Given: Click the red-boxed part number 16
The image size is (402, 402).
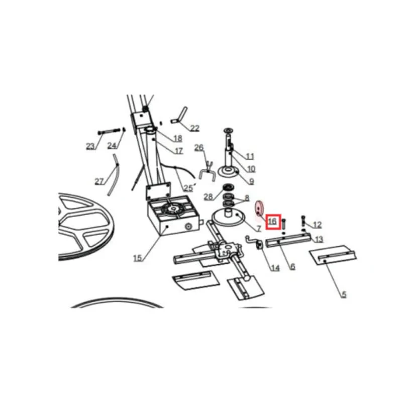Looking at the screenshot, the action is (273, 221).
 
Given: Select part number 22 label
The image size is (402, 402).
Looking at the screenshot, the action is (194, 128).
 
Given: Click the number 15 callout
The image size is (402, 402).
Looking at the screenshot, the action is (138, 258).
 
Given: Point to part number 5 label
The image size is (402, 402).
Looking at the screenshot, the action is (344, 294).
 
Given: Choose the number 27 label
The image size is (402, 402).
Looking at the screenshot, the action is (99, 181).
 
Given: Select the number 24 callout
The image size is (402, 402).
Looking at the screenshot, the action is (112, 146).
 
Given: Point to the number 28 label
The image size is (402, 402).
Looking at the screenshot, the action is (209, 196).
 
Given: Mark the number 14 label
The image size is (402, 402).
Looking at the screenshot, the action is (275, 268).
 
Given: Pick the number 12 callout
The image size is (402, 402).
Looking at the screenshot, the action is (317, 225).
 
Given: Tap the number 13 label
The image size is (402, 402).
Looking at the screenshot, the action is (319, 240).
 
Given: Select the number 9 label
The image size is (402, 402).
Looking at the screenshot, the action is (252, 181).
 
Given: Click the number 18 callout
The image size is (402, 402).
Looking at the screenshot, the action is (178, 139).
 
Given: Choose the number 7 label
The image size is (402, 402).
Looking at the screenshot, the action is (258, 228).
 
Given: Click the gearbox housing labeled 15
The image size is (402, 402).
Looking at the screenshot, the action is (173, 216).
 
